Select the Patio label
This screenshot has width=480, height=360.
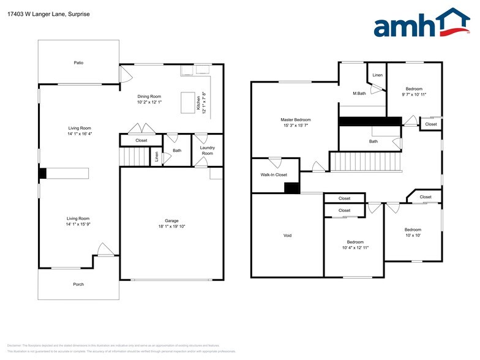click(78, 62)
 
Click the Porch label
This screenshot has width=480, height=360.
click(78, 284)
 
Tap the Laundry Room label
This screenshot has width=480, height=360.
click(207, 150)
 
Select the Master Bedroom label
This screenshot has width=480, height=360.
click(296, 120)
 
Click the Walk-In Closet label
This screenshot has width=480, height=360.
click(274, 174)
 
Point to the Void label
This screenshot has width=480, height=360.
click(287, 236)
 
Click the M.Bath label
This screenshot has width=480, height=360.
click(359, 94)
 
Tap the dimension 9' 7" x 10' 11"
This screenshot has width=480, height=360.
click(414, 94)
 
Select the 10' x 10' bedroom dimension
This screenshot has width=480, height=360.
click(412, 235)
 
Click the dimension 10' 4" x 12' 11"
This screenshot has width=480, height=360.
click(355, 247)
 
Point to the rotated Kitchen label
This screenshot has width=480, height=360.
click(198, 102)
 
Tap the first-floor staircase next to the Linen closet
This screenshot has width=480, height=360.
click(135, 157)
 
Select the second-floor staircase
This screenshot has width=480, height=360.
click(364, 162)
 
